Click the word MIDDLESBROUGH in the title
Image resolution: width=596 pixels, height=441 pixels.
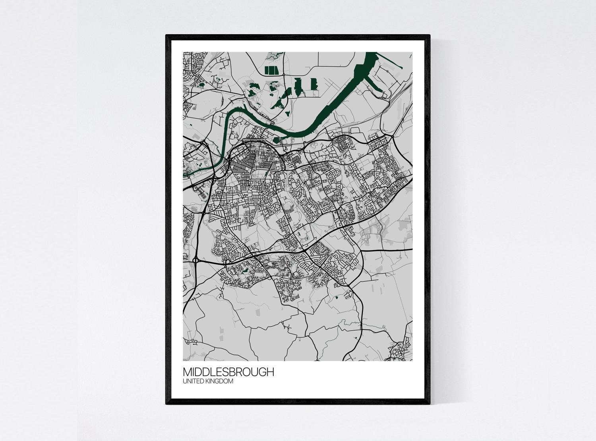(x=228, y=372)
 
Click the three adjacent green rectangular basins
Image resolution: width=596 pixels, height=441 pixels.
(x=270, y=70)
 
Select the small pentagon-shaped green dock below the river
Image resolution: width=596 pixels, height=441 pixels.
(x=276, y=139)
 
